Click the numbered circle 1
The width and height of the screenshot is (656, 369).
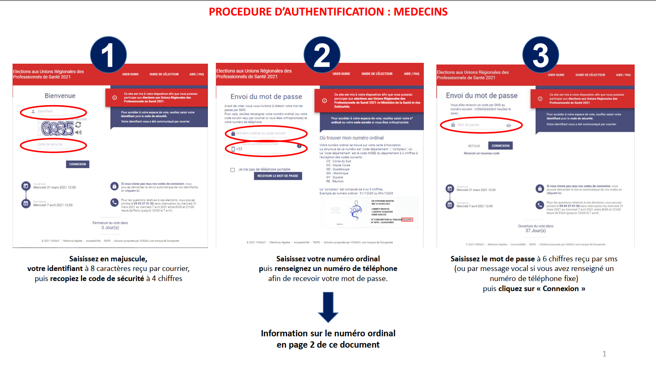(x=108, y=55)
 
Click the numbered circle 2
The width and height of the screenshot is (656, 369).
(x=322, y=55)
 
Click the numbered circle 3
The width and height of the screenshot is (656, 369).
(x=541, y=55)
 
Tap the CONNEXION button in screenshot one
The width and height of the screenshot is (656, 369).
(x=77, y=164)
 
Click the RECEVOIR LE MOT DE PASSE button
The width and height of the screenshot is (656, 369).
(x=278, y=176)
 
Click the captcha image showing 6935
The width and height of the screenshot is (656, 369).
(x=58, y=129)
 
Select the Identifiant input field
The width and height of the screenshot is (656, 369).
(x=54, y=111)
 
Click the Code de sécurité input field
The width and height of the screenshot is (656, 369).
(x=54, y=145)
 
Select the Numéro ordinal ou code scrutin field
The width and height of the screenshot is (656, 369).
(x=266, y=133)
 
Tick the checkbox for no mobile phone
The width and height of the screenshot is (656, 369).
(x=233, y=170)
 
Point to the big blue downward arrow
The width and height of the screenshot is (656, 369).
(x=328, y=307)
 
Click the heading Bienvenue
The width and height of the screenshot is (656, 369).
(x=60, y=96)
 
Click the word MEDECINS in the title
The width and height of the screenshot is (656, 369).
(x=420, y=12)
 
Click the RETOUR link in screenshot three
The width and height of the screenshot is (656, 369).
(x=474, y=146)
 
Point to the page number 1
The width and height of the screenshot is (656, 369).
(x=604, y=354)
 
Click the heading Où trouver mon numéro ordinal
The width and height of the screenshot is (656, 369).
(x=351, y=138)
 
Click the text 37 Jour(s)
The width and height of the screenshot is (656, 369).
(x=536, y=230)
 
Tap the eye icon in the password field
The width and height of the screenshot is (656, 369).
(x=509, y=125)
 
